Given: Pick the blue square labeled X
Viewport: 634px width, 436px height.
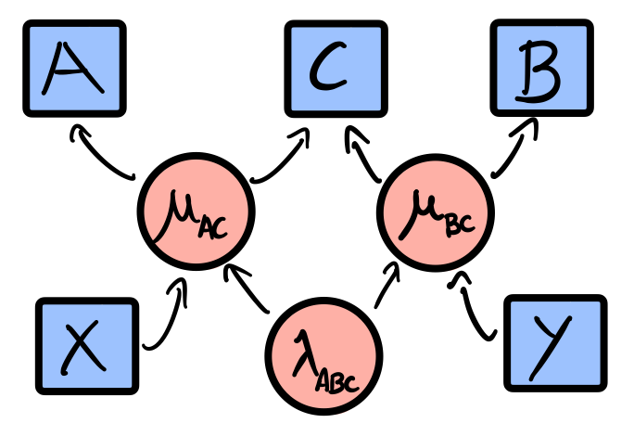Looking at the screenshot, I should (x=87, y=346).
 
